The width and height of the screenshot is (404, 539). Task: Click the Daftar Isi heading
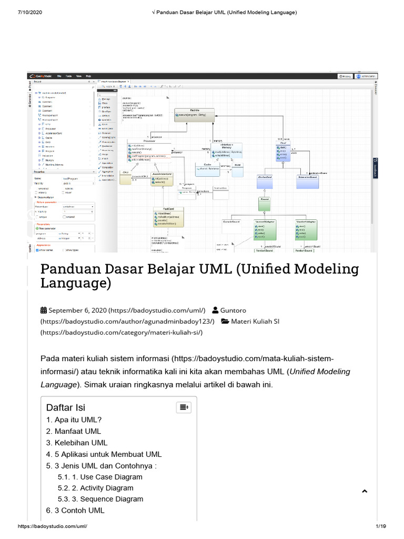[x=65, y=407]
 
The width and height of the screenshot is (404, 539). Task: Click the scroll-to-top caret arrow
[x=364, y=491]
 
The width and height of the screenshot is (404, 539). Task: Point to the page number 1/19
[x=381, y=526]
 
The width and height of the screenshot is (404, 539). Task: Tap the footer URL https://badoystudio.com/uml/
[x=53, y=526]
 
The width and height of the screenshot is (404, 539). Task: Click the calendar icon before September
[x=44, y=310]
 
